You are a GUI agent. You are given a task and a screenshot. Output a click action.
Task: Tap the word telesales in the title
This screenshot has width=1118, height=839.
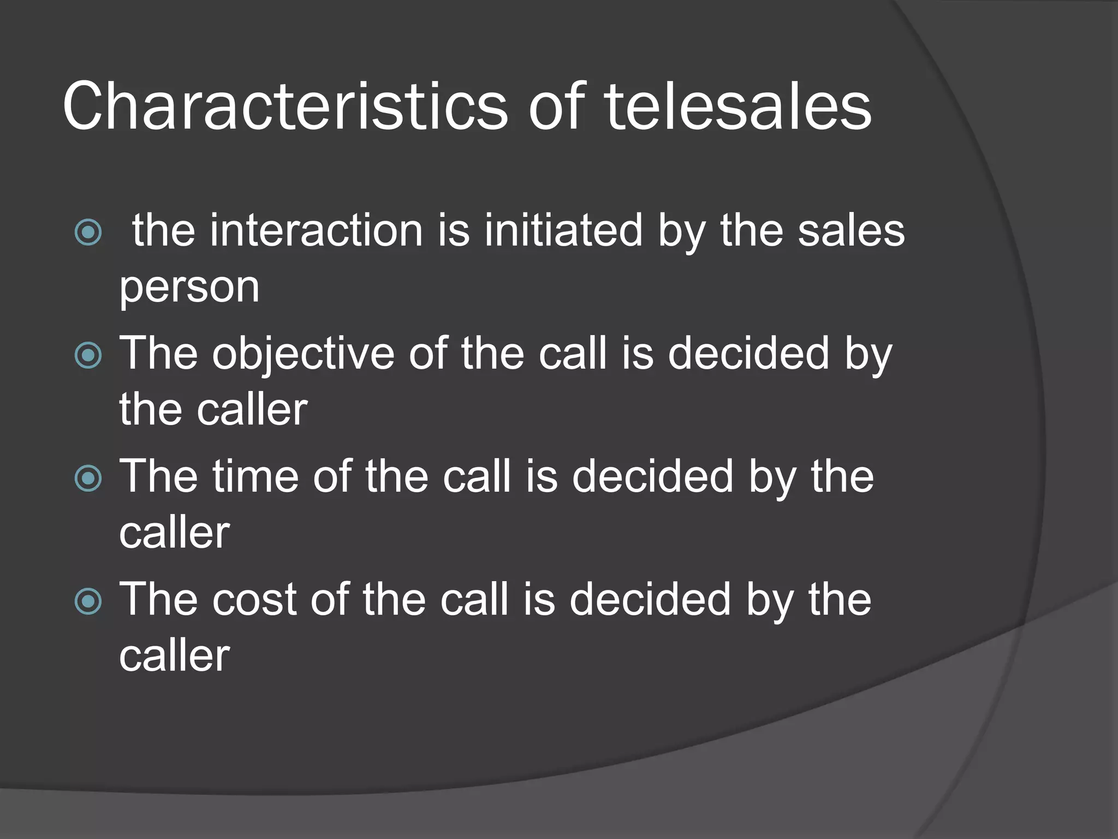[x=738, y=107]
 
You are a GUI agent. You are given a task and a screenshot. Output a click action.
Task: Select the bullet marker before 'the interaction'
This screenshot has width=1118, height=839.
[x=88, y=232]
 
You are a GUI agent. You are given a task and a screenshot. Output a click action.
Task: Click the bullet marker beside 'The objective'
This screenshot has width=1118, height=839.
[x=88, y=356]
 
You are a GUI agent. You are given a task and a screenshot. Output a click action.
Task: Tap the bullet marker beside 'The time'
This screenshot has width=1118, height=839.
[x=88, y=478]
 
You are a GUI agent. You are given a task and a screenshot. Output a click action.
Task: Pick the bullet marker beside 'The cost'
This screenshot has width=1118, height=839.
[x=88, y=601]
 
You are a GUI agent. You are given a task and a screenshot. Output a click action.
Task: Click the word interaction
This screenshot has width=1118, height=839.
[x=316, y=231]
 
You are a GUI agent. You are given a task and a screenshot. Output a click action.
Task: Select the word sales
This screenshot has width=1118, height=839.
[x=851, y=231]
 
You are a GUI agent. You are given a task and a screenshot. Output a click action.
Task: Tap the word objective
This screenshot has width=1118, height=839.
[x=303, y=354]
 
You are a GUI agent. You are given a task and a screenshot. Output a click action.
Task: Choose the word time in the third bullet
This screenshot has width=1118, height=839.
[x=255, y=477]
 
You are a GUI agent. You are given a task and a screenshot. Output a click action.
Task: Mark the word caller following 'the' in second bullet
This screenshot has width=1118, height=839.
[x=252, y=410]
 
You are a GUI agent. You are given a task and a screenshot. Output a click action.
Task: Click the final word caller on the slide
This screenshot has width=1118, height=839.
[x=175, y=656]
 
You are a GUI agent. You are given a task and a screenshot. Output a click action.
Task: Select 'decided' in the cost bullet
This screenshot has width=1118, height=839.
[x=650, y=600]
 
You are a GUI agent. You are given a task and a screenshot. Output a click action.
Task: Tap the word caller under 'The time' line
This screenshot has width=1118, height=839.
[x=175, y=533]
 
